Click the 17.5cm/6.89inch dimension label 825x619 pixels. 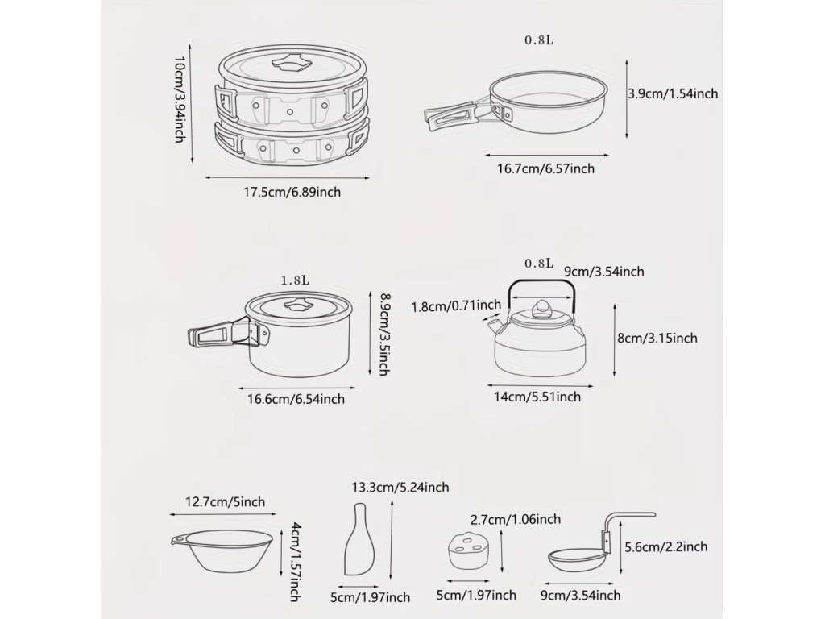(x=292, y=192)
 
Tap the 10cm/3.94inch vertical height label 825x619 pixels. (x=180, y=99)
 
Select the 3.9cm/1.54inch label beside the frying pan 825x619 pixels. (x=673, y=93)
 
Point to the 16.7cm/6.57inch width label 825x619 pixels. (x=546, y=169)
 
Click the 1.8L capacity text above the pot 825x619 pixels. (x=295, y=280)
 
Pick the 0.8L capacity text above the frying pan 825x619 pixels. (x=539, y=40)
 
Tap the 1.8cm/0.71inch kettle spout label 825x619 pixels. (x=456, y=305)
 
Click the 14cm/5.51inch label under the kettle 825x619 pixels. (x=537, y=397)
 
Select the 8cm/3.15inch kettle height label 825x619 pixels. (x=657, y=338)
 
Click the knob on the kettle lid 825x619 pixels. (x=541, y=308)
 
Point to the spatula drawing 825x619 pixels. (x=360, y=539)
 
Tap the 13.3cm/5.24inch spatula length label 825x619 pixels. (x=400, y=488)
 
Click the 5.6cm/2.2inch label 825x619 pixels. (x=666, y=547)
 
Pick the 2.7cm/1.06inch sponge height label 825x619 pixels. (x=516, y=520)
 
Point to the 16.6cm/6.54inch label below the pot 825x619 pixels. (x=296, y=399)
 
